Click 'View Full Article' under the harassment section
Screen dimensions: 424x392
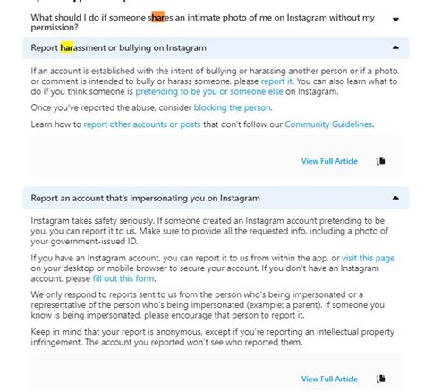pos(329,161)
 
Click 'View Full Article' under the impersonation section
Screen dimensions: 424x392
pos(329,379)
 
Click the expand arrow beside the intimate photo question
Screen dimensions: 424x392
pos(395,18)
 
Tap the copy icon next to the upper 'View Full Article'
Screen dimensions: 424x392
pos(381,161)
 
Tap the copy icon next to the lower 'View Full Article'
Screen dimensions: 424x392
pos(381,379)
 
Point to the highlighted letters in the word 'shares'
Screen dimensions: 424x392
pos(157,17)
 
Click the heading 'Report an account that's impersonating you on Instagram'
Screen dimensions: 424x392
pos(145,197)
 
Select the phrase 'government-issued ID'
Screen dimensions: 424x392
pos(78,240)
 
